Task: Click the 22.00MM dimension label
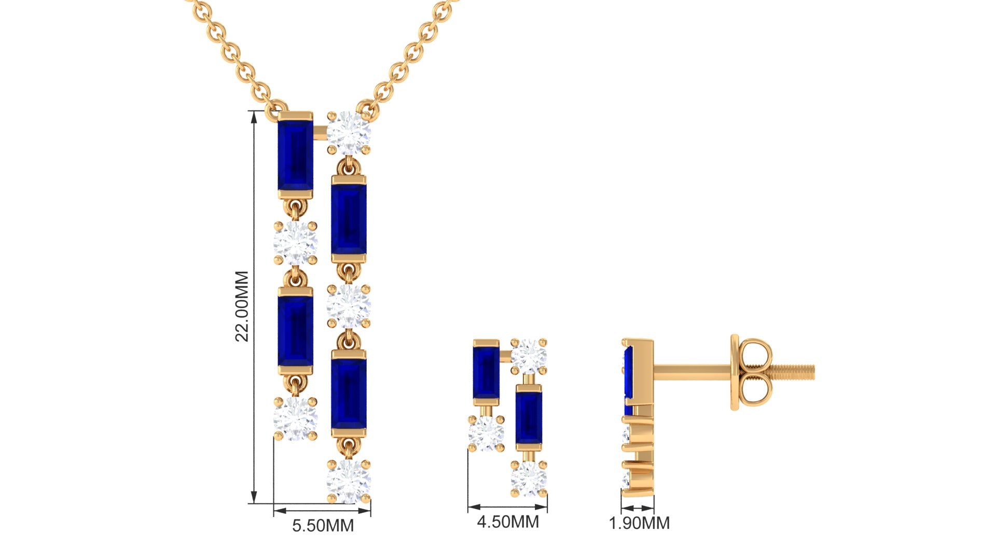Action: [242, 306]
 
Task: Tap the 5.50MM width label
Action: [323, 525]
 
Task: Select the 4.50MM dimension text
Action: [508, 521]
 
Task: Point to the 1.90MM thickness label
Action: [639, 523]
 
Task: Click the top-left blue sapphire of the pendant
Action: [295, 155]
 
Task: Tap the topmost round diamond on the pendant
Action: [349, 132]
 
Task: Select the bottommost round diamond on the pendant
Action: [349, 481]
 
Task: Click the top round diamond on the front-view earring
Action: [529, 356]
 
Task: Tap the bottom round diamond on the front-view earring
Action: [529, 478]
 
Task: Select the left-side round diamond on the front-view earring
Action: [486, 433]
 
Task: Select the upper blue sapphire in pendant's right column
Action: [349, 218]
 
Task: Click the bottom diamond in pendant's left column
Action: [295, 418]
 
